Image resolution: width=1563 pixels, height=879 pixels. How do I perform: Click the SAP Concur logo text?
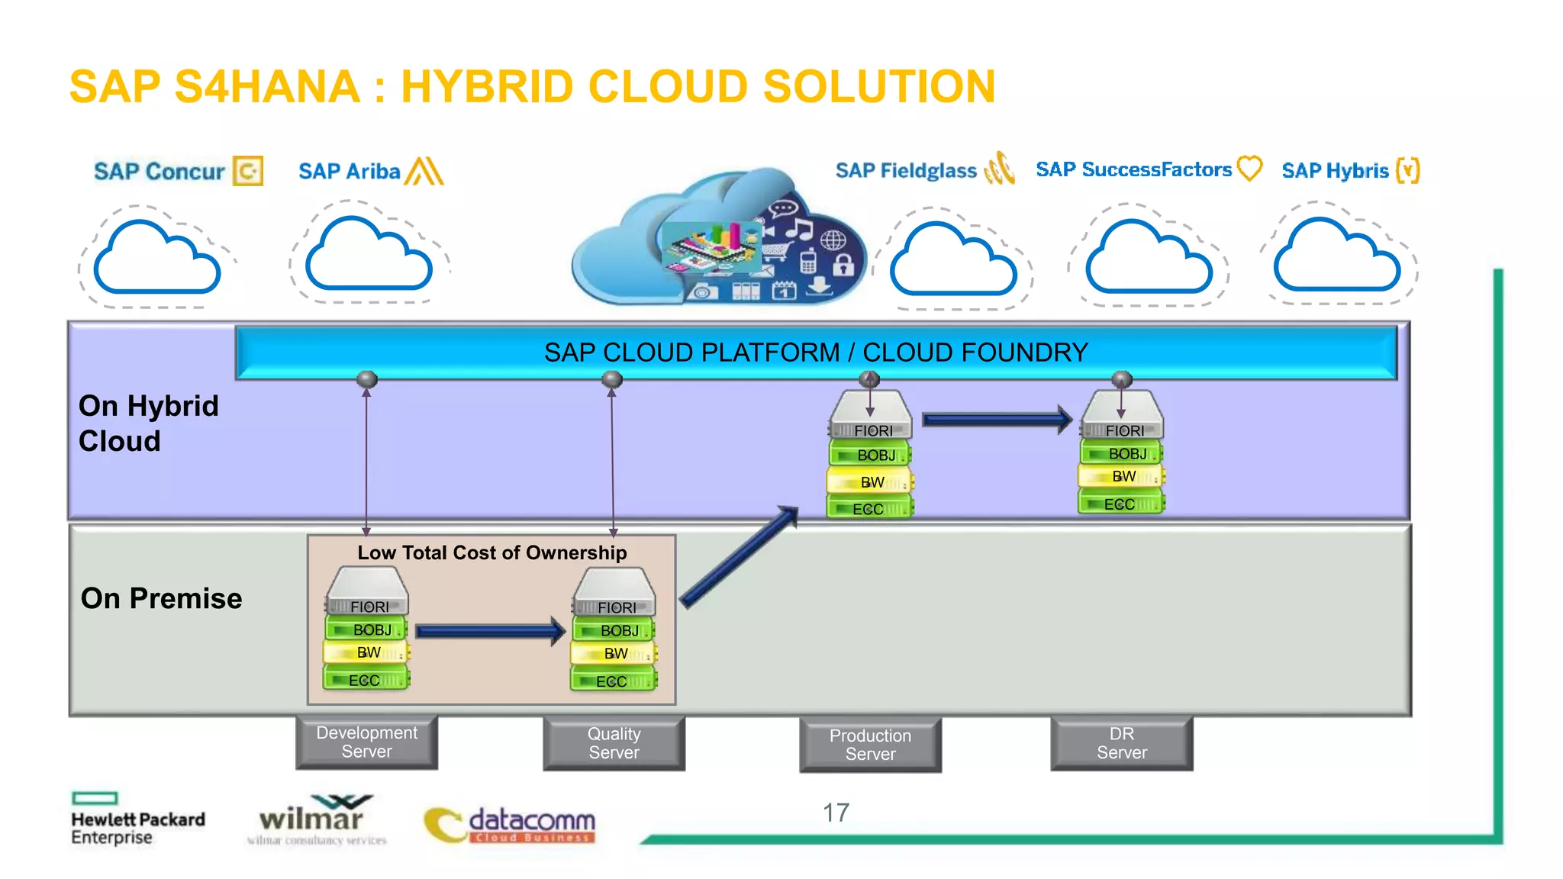point(160,172)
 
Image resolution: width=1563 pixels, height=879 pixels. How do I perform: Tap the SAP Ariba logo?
point(370,171)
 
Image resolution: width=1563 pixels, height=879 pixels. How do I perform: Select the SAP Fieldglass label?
point(906,170)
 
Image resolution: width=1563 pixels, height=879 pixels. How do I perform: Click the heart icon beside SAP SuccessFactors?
point(1249,168)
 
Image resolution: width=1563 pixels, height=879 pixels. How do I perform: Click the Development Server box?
point(366,742)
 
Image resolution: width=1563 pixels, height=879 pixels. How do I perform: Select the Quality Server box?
point(614,743)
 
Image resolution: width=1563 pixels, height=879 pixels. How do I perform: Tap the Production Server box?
point(870,745)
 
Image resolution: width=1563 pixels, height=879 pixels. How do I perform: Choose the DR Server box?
point(1121,743)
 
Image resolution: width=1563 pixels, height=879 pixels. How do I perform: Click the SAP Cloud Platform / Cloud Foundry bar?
point(815,353)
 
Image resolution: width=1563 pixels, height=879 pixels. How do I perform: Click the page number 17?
point(836,813)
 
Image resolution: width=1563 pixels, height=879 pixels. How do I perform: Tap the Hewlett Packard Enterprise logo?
point(137,821)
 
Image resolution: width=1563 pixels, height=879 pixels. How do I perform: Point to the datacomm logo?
point(511,825)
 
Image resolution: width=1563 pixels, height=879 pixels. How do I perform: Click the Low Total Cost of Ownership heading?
point(491,552)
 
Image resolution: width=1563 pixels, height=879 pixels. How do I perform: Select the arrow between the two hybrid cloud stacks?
point(996,419)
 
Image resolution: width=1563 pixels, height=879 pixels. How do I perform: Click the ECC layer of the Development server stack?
point(366,679)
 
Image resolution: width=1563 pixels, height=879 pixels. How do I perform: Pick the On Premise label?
point(161,598)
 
